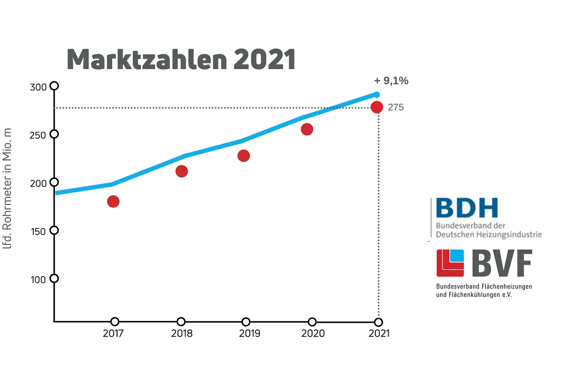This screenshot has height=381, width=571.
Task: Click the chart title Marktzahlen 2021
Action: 181,60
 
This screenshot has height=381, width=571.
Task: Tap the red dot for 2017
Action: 113,201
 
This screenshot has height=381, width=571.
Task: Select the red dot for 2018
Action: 181,171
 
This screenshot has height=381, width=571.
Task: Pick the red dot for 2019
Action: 244,156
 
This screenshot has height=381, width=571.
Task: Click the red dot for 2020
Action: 307,129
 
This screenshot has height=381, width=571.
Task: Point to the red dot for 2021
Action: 377,107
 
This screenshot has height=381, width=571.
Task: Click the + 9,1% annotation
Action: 391,81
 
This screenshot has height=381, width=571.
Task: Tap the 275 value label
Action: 395,108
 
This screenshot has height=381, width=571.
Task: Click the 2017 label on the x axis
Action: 113,333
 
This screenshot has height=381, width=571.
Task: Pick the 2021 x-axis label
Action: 379,333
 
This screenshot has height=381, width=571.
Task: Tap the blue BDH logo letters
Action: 466,208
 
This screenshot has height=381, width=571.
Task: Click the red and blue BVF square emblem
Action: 450,263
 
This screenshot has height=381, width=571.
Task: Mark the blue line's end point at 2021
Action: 377,94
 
